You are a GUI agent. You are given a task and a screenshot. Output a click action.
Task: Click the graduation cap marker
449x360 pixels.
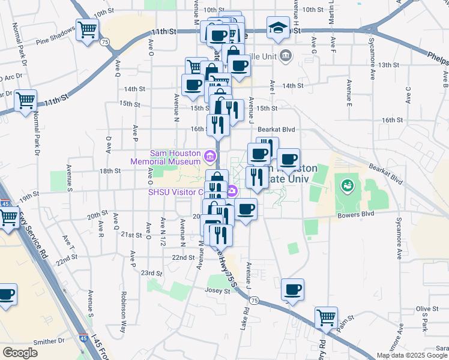click(x=278, y=28)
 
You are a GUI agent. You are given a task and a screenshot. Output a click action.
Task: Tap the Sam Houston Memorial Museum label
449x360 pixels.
click(x=167, y=157)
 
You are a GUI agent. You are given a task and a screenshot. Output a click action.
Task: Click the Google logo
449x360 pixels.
click(x=20, y=353)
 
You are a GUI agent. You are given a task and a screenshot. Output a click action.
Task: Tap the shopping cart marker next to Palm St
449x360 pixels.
click(x=326, y=317)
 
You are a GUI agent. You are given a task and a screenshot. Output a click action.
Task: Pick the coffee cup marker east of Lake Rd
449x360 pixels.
click(x=292, y=290)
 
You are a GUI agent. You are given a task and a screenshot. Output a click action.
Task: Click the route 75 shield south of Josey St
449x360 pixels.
click(x=255, y=300)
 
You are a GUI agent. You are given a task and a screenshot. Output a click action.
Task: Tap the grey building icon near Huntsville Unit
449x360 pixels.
click(x=285, y=56)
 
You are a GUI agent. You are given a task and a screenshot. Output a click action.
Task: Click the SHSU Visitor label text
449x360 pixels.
click(x=175, y=193)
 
